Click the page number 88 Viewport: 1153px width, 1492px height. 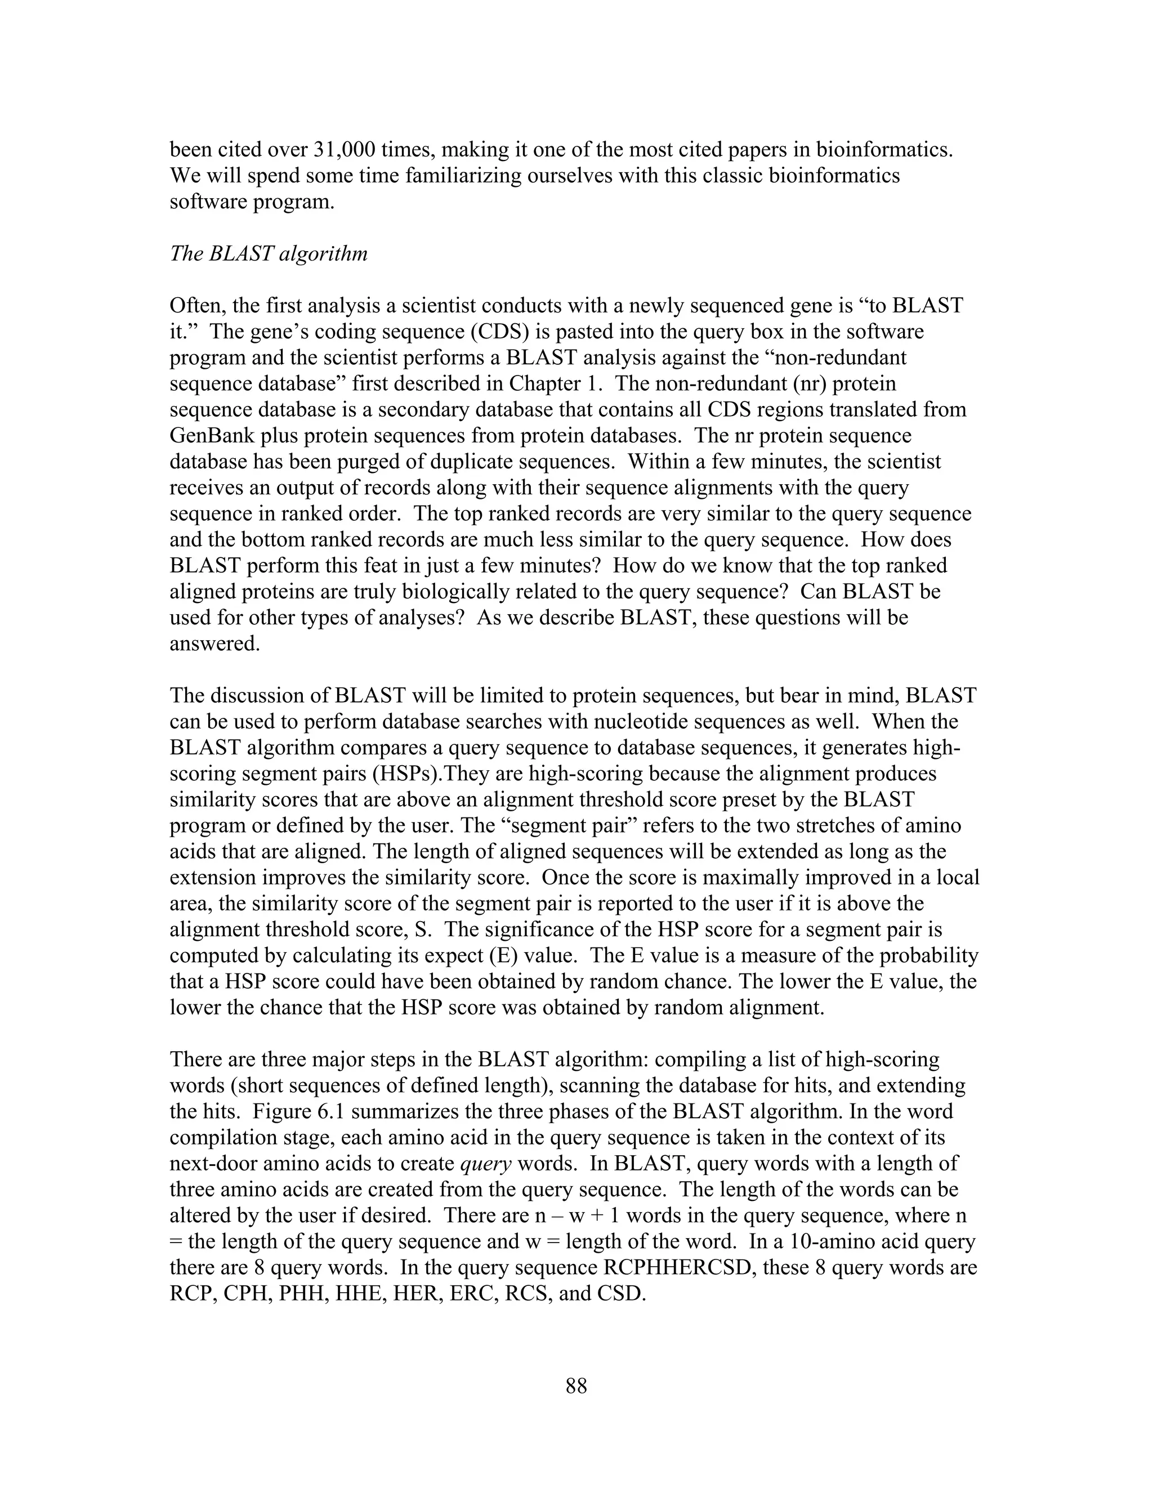pyautogui.click(x=576, y=1386)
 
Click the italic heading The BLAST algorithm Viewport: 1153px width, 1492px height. pyautogui.click(x=269, y=253)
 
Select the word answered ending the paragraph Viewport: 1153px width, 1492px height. pyautogui.click(x=214, y=644)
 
